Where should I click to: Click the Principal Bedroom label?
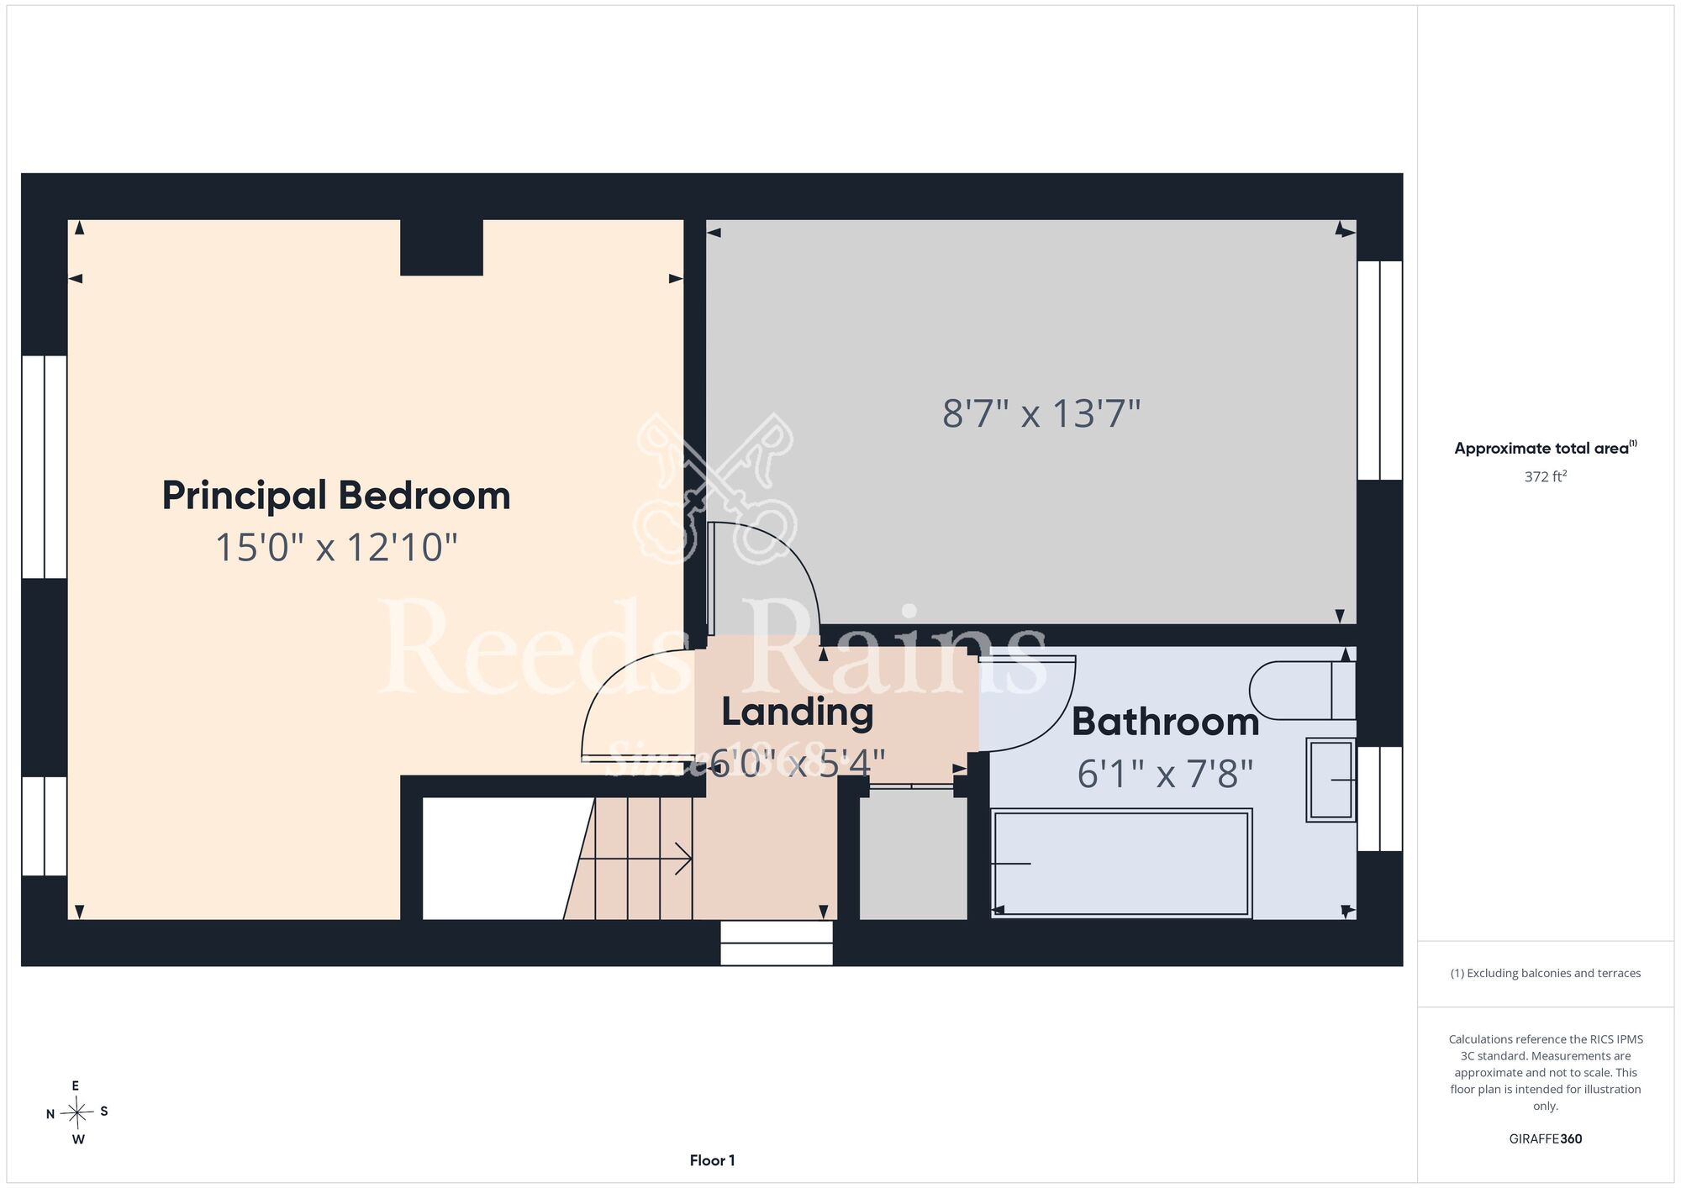tap(336, 496)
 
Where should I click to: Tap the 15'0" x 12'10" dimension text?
tap(336, 548)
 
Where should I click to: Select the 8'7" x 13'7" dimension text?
tap(1041, 414)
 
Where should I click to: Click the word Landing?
tap(798, 712)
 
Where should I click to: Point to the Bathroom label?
tap(1166, 723)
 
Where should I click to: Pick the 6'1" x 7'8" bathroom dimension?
tap(1166, 774)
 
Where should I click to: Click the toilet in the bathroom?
tap(1303, 691)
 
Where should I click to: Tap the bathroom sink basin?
tap(1331, 780)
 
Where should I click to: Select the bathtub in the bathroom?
tap(1122, 863)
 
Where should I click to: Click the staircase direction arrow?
tap(635, 859)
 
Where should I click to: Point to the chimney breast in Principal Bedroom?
tap(441, 247)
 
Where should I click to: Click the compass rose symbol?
tap(76, 1113)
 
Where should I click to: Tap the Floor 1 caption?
tap(712, 1160)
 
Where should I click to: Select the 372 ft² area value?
tap(1546, 476)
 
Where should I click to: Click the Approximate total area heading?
tap(1546, 448)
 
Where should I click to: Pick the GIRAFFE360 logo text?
tap(1546, 1139)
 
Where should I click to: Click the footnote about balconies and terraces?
tap(1546, 973)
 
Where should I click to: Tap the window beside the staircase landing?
tap(777, 943)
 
